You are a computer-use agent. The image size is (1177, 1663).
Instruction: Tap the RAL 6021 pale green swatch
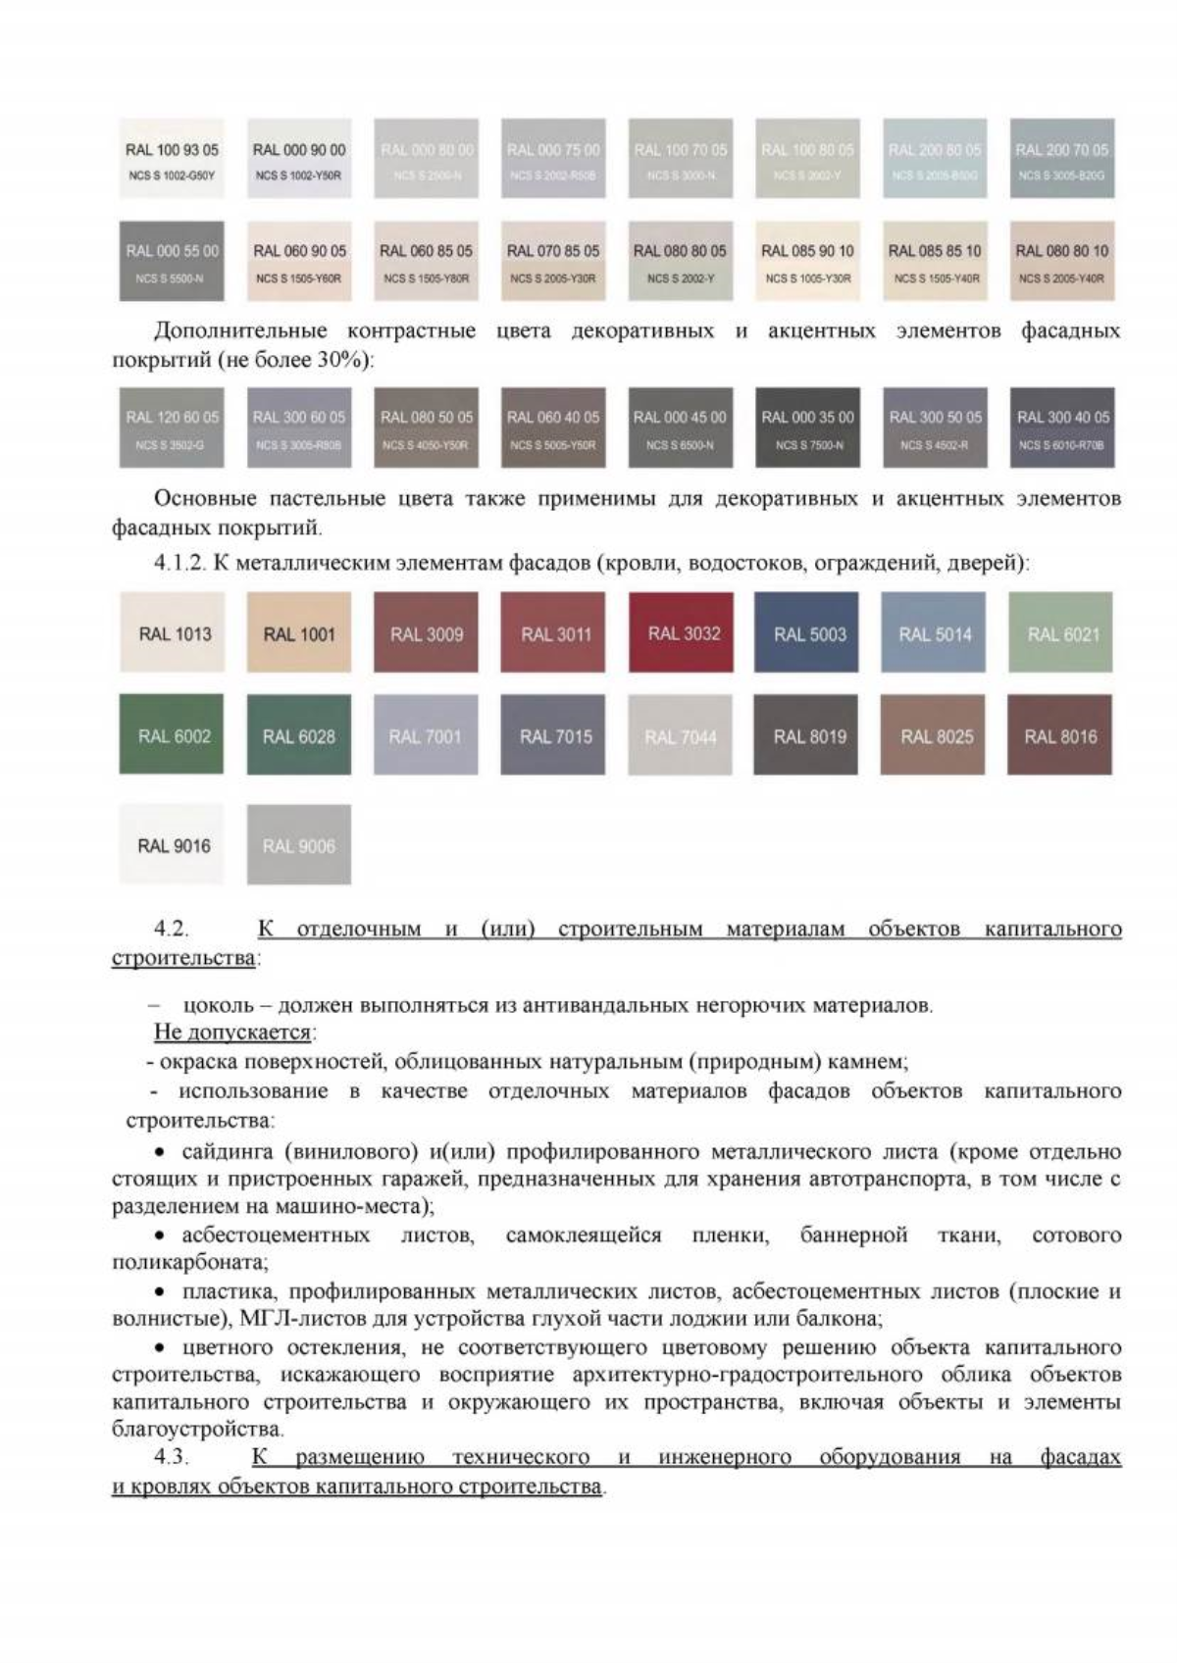(1062, 632)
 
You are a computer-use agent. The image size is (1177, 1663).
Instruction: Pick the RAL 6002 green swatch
(173, 734)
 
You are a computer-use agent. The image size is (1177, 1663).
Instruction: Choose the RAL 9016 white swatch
(173, 844)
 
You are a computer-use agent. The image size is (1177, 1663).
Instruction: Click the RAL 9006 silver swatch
(298, 844)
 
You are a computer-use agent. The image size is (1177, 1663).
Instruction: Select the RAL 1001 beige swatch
(298, 632)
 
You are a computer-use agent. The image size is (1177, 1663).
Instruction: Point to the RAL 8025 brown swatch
(935, 734)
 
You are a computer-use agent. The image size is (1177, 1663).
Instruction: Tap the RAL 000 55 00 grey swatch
(173, 261)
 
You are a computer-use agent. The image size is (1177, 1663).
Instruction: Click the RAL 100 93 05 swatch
(173, 159)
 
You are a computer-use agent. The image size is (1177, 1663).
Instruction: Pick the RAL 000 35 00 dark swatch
(807, 428)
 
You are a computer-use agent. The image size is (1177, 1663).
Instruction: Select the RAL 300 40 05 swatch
(1062, 428)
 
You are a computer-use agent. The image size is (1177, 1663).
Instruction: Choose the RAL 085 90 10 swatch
(807, 261)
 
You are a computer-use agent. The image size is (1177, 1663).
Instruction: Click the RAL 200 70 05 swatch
(1062, 159)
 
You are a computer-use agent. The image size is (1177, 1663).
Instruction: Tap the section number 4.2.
(171, 928)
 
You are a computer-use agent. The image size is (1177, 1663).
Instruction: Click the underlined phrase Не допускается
(232, 1032)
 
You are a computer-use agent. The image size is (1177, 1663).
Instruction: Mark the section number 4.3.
(171, 1457)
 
